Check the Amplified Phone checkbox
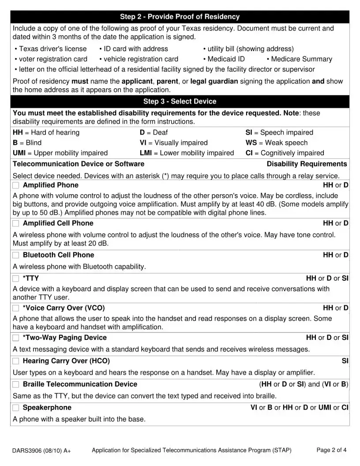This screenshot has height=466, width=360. (16, 185)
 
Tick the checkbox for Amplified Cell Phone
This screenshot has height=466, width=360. (16, 223)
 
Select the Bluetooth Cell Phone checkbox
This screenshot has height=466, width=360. (16, 255)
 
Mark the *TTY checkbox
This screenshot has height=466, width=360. (16, 278)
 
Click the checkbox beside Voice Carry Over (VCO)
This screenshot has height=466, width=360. (16, 308)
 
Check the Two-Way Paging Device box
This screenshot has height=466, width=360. (16, 338)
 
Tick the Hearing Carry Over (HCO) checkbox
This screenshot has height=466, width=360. (16, 361)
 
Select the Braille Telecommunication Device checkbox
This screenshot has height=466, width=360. (16, 384)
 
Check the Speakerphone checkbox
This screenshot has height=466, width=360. (16, 408)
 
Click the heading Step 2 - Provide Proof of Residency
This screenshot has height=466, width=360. (180, 17)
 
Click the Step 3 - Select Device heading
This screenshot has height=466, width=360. (180, 101)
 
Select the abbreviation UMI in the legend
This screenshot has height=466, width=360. (19, 153)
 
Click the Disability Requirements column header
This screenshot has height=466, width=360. (307, 164)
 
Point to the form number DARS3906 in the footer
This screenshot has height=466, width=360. (27, 451)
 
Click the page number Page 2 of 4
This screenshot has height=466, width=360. (331, 450)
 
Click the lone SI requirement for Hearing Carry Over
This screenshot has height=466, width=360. (345, 361)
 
